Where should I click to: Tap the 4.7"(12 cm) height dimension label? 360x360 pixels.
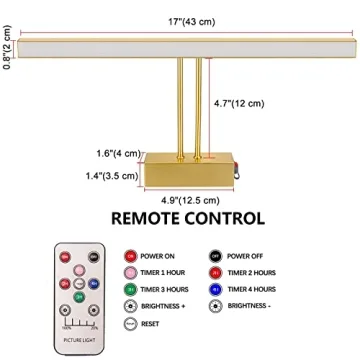241,101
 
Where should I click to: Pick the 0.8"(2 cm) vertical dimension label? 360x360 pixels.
8,46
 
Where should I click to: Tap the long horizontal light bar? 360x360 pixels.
189,46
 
